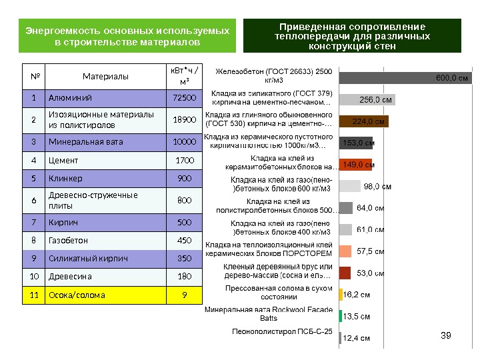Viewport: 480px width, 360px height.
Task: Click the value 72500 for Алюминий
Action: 184,99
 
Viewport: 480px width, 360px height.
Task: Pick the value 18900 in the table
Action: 184,120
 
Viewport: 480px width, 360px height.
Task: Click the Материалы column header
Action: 105,77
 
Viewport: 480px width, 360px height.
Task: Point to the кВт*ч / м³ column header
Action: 184,76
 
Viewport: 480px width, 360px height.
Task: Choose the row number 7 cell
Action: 33,221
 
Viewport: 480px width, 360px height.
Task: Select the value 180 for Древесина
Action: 184,276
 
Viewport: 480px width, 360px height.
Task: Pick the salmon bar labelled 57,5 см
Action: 345,251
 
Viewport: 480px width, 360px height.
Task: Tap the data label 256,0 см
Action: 375,100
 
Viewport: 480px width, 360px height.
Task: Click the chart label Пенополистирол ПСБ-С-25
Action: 282,331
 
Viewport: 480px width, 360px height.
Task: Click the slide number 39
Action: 447,335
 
